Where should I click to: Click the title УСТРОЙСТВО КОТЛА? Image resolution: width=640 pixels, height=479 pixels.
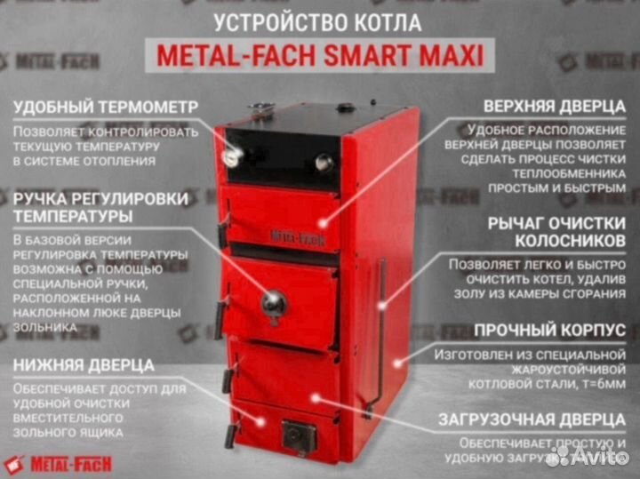[x=319, y=20]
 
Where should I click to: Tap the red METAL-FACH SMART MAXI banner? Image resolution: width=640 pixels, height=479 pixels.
[x=320, y=56]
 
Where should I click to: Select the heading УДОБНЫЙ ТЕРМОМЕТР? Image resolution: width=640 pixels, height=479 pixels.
[x=106, y=108]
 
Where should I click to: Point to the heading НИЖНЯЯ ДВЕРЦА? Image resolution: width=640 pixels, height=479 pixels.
[x=84, y=364]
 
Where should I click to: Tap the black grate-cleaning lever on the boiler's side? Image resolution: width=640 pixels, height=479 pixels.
[x=381, y=329]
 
